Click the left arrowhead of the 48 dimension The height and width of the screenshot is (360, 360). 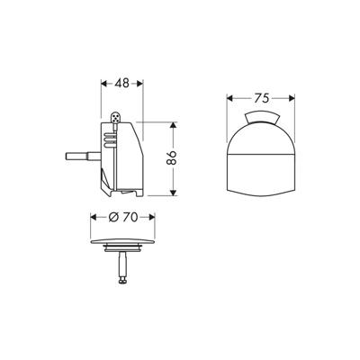pyautogui.click(x=100, y=84)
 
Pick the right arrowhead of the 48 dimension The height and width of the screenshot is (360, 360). pyautogui.click(x=141, y=84)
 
